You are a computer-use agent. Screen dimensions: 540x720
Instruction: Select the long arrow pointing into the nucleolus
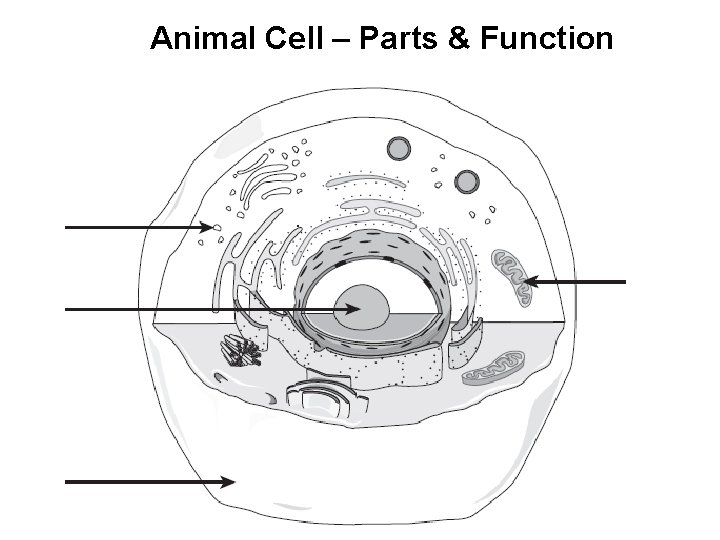pos(200,311)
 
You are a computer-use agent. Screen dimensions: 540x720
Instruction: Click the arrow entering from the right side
pos(580,283)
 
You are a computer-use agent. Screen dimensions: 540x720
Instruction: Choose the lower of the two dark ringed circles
pos(466,181)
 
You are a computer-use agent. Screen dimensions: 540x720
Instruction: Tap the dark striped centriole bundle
pos(242,351)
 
